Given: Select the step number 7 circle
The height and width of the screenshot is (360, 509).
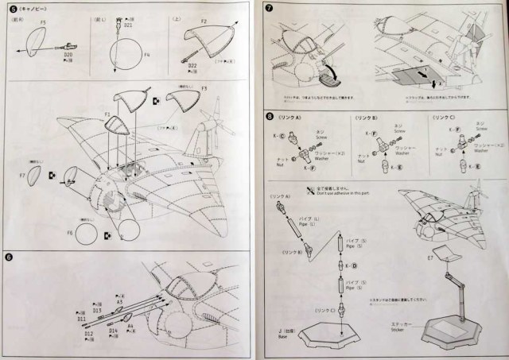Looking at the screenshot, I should pos(269,10).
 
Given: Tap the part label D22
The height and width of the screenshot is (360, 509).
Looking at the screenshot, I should pos(194,65).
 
